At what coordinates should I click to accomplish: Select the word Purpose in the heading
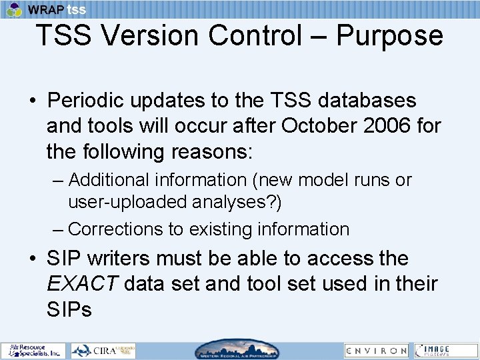click(x=389, y=35)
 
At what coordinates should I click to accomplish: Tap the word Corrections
click(x=115, y=229)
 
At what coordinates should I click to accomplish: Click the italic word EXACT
click(x=82, y=283)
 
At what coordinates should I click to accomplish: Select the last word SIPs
click(x=69, y=309)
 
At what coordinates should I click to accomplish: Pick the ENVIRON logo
click(x=376, y=350)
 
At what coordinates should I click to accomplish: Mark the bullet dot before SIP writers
click(x=32, y=259)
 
